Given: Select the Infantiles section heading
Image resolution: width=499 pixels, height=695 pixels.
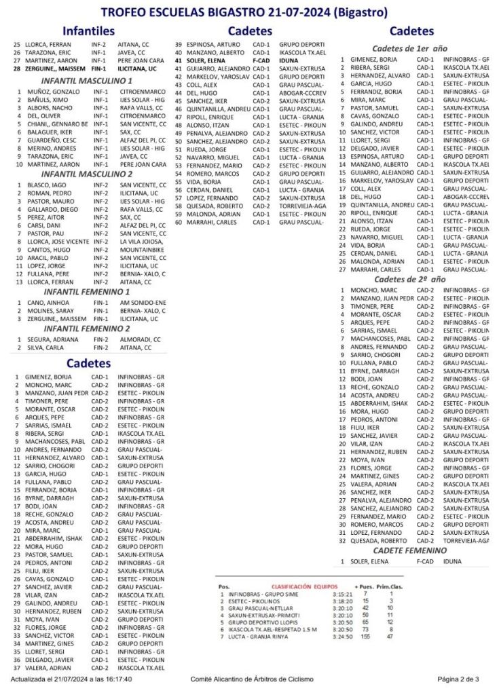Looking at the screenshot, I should pos(88,31).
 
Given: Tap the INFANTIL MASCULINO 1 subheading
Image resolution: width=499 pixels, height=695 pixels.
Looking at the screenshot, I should pos(87,81).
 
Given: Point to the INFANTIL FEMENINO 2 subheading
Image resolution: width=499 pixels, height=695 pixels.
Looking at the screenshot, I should pos(87,328).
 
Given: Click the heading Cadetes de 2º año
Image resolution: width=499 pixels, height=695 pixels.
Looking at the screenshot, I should pos(409,279).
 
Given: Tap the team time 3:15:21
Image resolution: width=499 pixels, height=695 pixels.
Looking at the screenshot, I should pos(341,593).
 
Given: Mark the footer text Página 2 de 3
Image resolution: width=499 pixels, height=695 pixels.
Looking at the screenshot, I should pos(458,679).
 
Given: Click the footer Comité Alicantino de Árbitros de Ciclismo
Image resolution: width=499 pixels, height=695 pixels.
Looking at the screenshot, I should pos(252,679).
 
